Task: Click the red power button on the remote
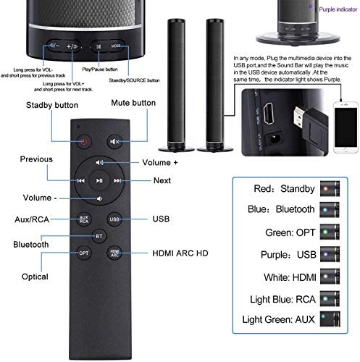[x=84, y=142]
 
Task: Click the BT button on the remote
[x=100, y=236]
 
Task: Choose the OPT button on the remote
[x=84, y=253]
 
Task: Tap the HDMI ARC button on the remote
[x=114, y=253]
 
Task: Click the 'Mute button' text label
[x=133, y=103]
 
